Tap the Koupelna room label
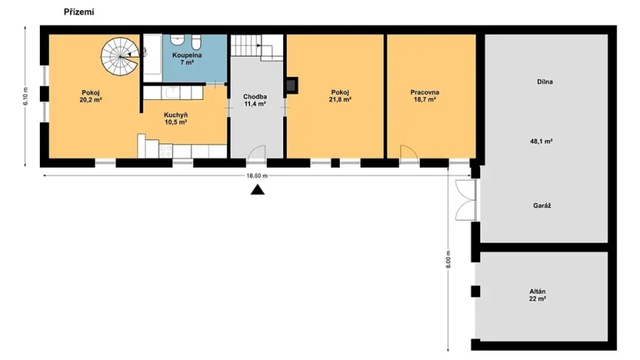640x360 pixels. pos(186,58)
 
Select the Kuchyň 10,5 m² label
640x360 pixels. pos(176,118)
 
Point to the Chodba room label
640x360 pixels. pos(255,99)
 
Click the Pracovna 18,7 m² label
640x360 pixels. pos(423,95)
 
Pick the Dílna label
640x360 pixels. pos(546,82)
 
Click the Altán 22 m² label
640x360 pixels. pos(538,295)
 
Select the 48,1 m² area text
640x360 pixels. pos(542,142)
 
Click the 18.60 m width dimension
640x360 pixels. pos(256,175)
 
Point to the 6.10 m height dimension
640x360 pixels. pos(26,95)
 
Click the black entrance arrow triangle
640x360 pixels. pos(257,189)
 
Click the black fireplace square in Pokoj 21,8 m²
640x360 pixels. pos(292,85)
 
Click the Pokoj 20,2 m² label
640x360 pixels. pos(92,95)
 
